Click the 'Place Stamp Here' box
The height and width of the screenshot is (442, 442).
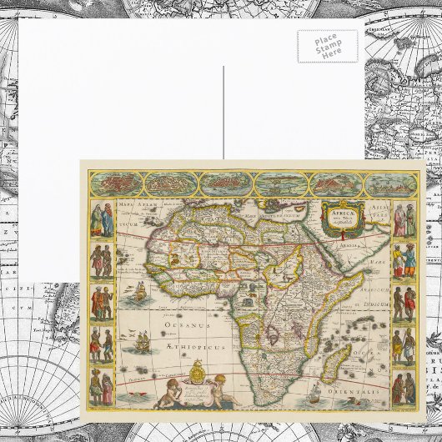coord(327,46)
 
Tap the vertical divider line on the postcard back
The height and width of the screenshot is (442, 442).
coord(224,109)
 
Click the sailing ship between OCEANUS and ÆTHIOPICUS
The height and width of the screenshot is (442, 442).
coord(141,339)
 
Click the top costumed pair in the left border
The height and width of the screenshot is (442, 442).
coord(102,218)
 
